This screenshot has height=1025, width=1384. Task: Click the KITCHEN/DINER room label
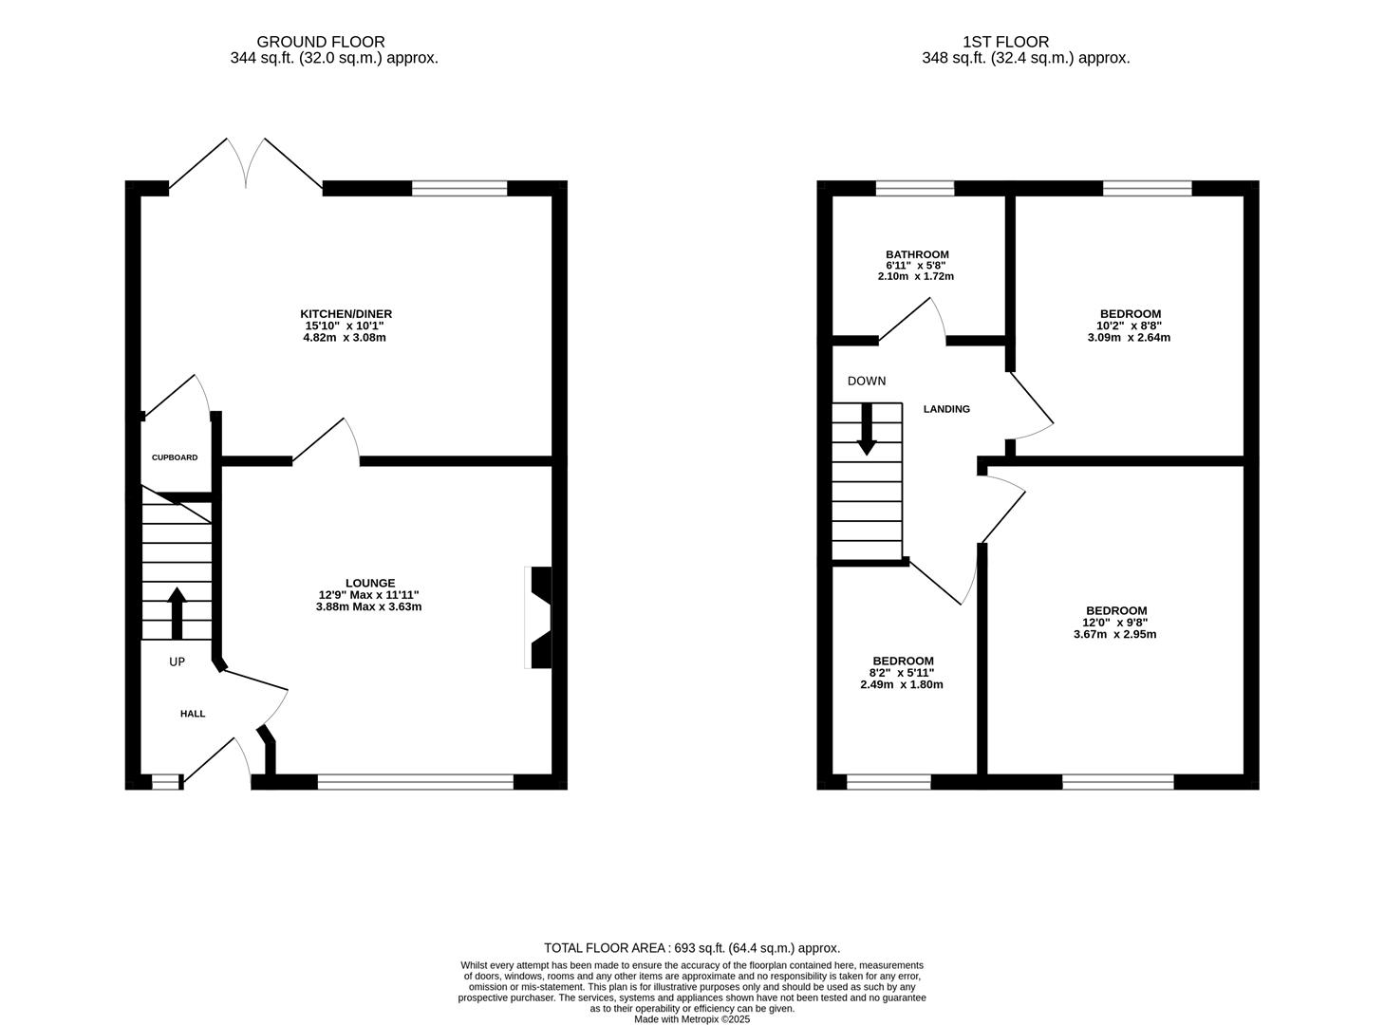346,314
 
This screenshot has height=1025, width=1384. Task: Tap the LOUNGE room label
369,583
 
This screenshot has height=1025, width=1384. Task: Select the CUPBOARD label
175,457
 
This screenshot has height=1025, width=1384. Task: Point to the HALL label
193,714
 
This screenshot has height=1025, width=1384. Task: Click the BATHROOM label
917,254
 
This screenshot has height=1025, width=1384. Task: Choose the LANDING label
946,409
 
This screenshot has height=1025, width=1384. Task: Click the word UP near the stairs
177,662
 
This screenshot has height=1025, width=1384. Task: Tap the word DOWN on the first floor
866,381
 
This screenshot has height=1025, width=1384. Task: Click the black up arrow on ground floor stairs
177,613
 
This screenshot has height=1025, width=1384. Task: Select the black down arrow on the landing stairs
866,430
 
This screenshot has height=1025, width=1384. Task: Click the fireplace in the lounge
539,618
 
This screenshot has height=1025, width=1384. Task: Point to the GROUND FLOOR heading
321,42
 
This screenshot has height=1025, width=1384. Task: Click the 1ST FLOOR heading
1005,42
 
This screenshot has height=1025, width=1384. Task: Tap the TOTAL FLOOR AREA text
691,947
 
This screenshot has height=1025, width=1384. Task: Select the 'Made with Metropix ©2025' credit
691,1019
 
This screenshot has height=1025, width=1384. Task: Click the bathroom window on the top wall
914,188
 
